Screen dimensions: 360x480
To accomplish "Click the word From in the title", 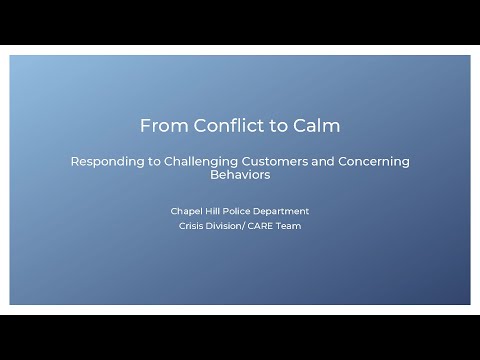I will (159, 126).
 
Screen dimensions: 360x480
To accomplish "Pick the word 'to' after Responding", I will (150, 161).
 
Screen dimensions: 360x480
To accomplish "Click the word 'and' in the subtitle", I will (328, 161).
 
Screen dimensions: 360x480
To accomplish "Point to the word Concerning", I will (376, 161).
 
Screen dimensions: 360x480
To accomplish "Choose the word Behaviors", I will (240, 174).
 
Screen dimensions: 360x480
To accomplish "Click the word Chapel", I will (187, 211).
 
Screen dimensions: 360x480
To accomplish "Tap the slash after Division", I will (247, 226).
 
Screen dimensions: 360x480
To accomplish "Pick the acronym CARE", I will (264, 226).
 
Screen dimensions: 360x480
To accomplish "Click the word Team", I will (291, 226).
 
